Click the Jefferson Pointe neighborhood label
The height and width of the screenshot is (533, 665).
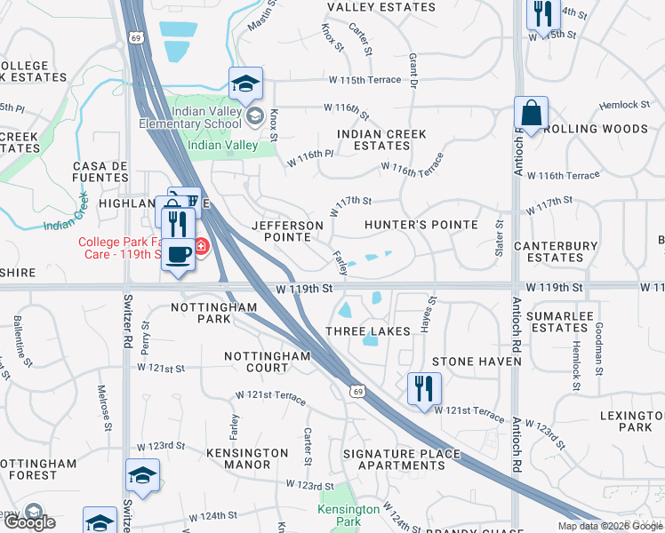point(281,231)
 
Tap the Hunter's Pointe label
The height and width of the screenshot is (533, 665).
point(421,226)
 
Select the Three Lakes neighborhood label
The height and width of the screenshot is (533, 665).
point(367,331)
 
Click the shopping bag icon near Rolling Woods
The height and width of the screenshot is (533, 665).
point(531,114)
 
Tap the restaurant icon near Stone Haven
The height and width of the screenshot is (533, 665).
point(423,387)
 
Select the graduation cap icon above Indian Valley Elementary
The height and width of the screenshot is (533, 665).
point(245,84)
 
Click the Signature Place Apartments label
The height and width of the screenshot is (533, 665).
point(402,459)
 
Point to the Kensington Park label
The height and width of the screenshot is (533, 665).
point(349,515)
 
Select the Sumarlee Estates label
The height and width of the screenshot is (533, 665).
point(557,322)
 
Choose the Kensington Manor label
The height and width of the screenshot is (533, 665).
point(237,457)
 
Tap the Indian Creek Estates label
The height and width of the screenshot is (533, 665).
point(381,139)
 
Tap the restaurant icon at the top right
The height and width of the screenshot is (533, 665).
point(540,13)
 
